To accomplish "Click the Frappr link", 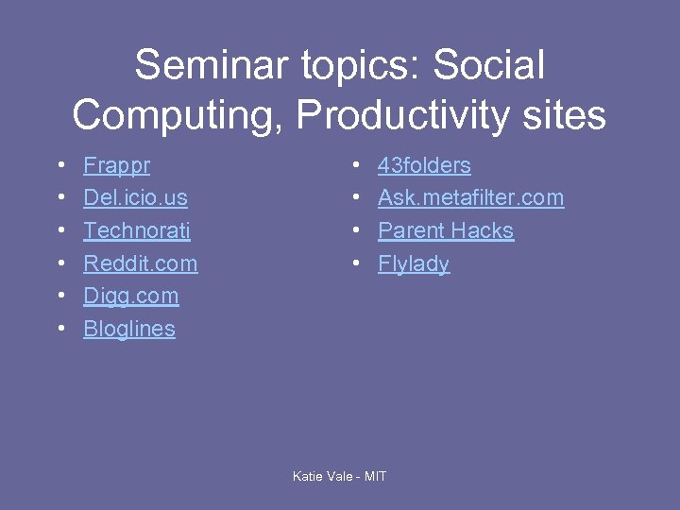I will click(116, 165).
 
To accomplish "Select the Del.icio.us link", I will click(135, 198).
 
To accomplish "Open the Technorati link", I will click(137, 230).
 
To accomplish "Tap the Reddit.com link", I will click(141, 263).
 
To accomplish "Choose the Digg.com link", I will click(130, 296).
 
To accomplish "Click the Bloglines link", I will click(129, 329).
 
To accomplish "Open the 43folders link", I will click(424, 165).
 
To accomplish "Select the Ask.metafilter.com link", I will click(470, 198).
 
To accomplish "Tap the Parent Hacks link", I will click(446, 230).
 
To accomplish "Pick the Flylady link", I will click(414, 263).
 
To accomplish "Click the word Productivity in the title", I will click(400, 115).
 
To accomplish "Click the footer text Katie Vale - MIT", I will click(339, 476).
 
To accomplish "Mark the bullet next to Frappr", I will click(60, 166).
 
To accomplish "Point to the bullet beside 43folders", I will click(355, 166).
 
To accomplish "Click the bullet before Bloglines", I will click(60, 330).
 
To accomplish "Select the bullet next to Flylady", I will click(355, 264).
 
